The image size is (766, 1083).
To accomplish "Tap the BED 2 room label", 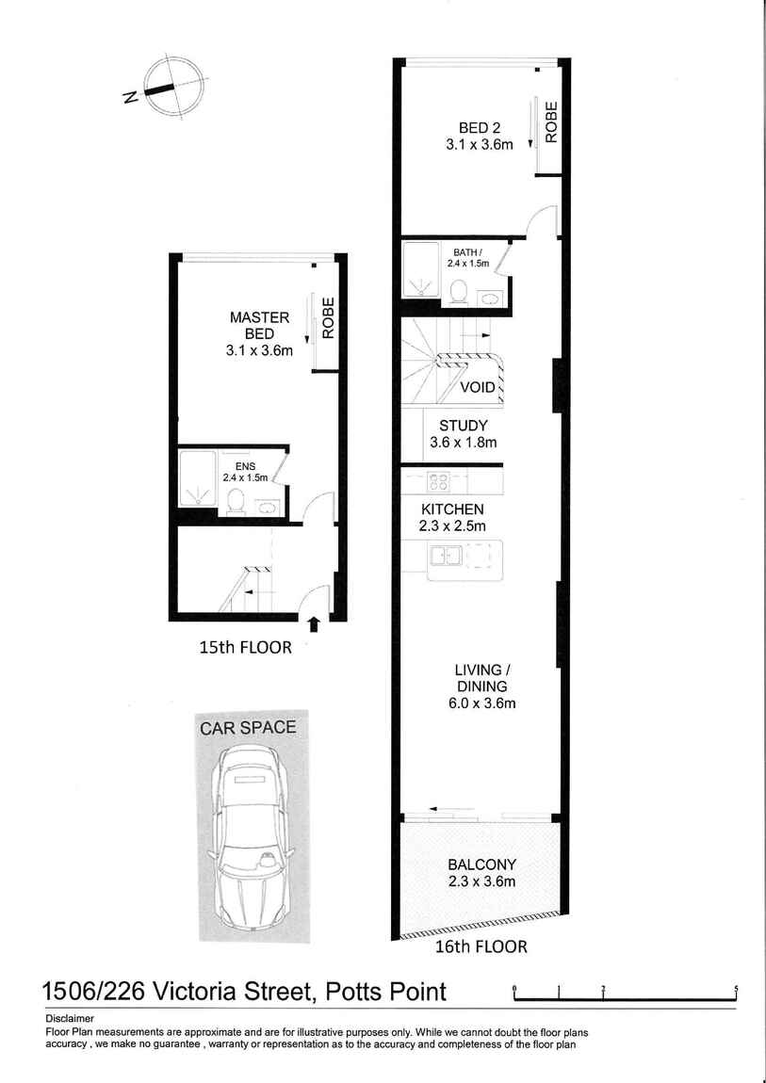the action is [479, 136].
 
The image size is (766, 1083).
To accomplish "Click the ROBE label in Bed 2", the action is [551, 122].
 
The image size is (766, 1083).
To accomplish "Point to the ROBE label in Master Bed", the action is [328, 317].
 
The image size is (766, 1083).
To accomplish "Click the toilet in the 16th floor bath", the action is [457, 292].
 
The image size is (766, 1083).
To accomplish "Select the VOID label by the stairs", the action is [478, 387].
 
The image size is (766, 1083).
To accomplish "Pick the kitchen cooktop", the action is [438, 479].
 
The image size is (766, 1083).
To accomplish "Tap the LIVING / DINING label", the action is [481, 687].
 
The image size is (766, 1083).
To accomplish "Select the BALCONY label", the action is [481, 872].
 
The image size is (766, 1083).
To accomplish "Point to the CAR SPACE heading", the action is [247, 727].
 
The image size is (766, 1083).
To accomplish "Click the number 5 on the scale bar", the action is [736, 989].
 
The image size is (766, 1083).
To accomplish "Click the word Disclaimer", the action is [69, 1019].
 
